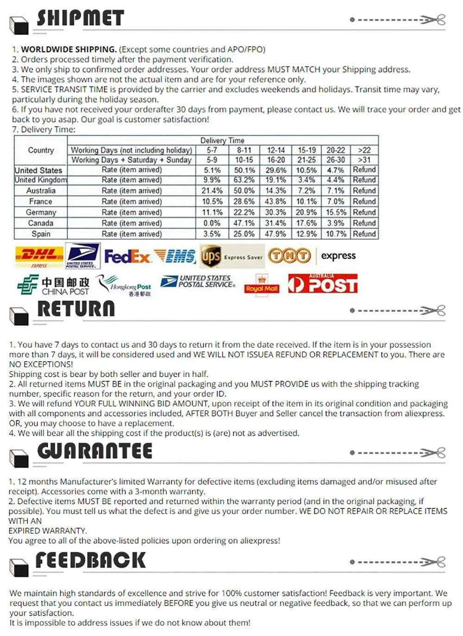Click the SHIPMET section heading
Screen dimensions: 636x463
(81, 19)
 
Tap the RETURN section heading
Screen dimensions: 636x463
(76, 309)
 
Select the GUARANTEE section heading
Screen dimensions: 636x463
(95, 451)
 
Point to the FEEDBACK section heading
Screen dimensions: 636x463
(91, 560)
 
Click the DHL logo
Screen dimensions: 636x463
(39, 255)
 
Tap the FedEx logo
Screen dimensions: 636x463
(127, 256)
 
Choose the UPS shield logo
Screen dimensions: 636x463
(211, 256)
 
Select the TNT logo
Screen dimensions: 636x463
(289, 255)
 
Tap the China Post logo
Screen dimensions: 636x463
(53, 285)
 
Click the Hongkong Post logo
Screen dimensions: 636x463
(124, 285)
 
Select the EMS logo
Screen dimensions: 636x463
(175, 256)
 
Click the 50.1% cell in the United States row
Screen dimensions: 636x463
(244, 170)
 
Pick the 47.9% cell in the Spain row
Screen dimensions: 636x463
(275, 234)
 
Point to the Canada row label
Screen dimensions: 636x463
(41, 223)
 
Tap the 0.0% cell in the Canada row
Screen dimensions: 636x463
(212, 223)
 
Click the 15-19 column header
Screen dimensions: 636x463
(307, 150)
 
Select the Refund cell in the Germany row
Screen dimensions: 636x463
(364, 212)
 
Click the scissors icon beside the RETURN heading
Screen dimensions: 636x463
(435, 310)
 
